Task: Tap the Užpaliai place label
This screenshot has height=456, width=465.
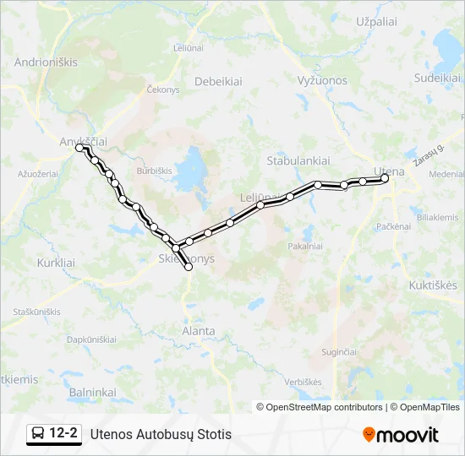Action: [x=377, y=20]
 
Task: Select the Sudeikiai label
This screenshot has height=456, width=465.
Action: [x=436, y=77]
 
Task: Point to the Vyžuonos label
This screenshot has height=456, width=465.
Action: [x=322, y=81]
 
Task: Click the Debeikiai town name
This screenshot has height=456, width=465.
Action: [x=219, y=82]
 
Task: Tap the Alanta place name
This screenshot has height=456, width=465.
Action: [x=199, y=331]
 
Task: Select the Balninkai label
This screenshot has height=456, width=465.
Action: [x=92, y=392]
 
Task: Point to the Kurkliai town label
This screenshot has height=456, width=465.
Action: [x=56, y=263]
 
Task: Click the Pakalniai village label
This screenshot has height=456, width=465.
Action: [x=305, y=247]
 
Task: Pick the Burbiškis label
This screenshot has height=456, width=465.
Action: [x=153, y=170]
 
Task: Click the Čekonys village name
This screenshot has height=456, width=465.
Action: [x=163, y=89]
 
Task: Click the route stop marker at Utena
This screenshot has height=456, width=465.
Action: [x=385, y=178]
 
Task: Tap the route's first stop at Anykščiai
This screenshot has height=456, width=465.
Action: [x=79, y=147]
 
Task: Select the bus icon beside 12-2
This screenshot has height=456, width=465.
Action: [x=38, y=434]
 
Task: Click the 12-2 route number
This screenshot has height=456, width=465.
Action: [x=64, y=434]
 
